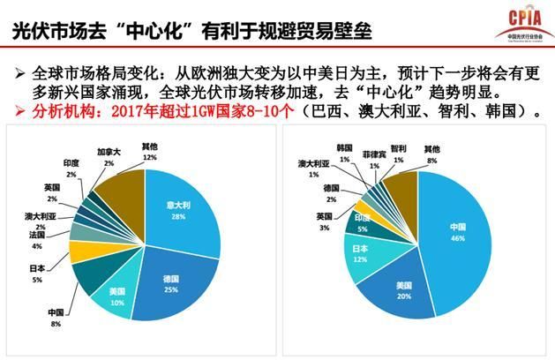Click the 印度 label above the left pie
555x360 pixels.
(x=71, y=162)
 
